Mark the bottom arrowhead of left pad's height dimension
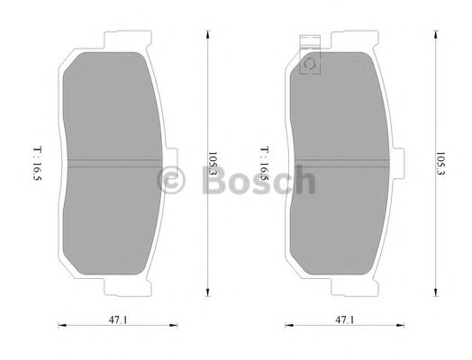click(x=207, y=293)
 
